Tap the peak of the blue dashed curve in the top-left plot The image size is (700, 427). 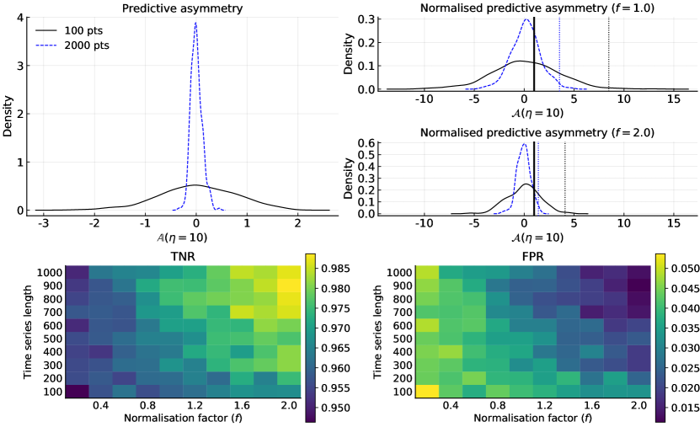click(x=195, y=24)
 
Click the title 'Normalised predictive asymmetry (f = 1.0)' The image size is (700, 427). click(x=526, y=8)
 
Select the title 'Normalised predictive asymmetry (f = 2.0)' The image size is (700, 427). click(x=526, y=132)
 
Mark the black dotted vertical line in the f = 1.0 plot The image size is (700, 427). click(x=608, y=51)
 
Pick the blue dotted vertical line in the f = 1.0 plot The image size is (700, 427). click(x=559, y=51)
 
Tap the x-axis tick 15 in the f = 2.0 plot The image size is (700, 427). click(x=674, y=226)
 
